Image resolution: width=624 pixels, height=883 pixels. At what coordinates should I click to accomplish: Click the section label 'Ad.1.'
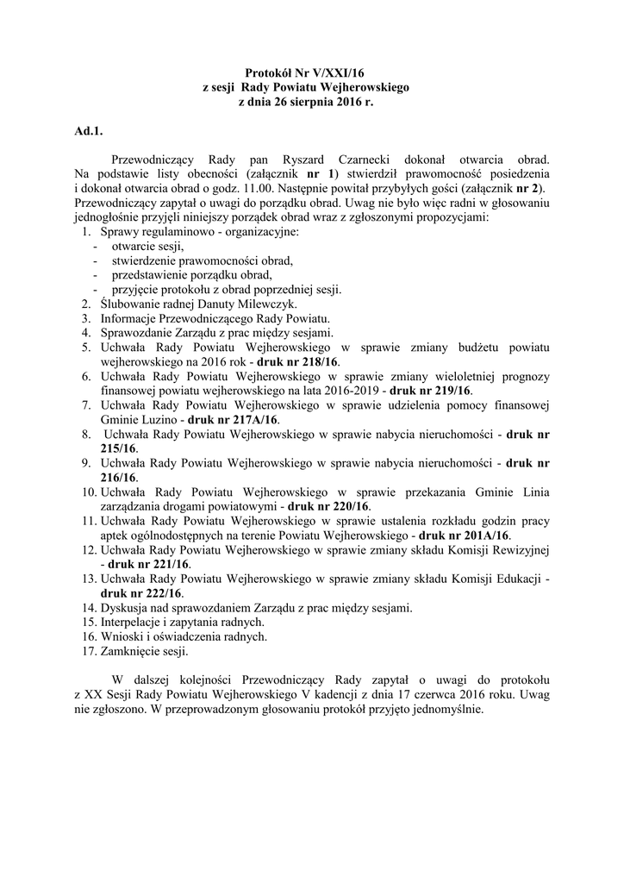(x=88, y=131)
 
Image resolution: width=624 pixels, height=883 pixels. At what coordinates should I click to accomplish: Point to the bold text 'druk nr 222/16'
(x=140, y=593)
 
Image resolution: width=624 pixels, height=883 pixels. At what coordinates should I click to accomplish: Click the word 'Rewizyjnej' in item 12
(x=519, y=549)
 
